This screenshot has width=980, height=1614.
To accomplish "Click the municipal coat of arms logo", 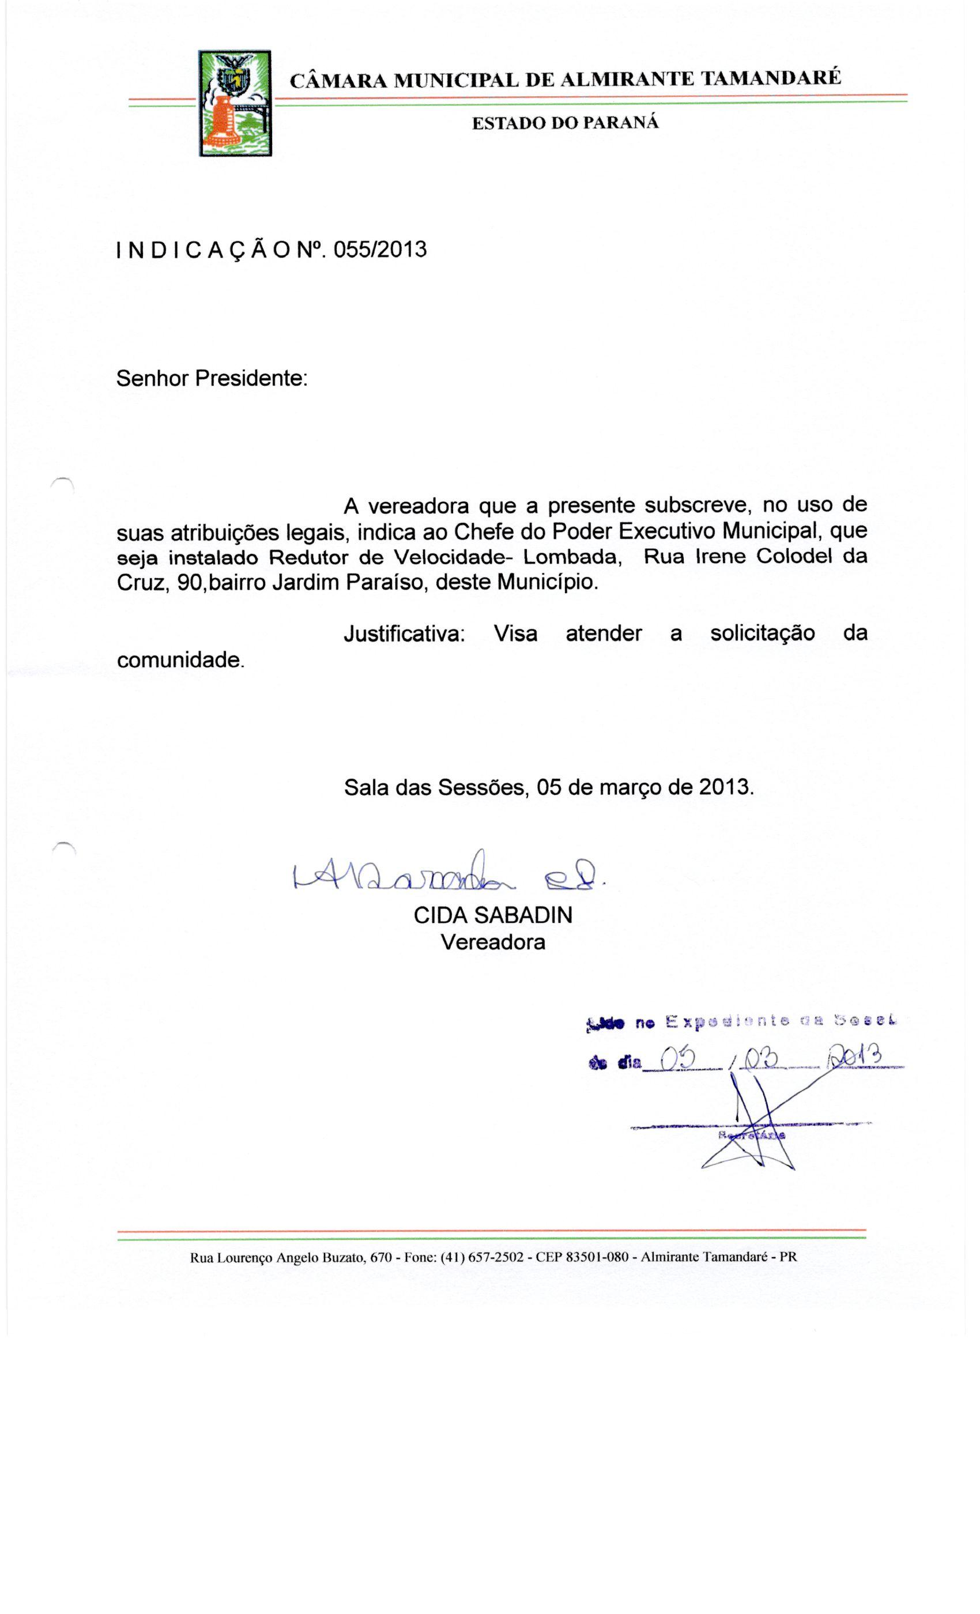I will [x=235, y=103].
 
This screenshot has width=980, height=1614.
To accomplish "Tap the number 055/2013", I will [x=380, y=250].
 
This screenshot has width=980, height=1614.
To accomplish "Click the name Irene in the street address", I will [x=722, y=556].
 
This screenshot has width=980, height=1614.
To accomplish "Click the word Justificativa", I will [x=404, y=633].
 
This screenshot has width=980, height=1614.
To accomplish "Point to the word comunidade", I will [x=180, y=659].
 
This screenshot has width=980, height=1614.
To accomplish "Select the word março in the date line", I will [x=630, y=787].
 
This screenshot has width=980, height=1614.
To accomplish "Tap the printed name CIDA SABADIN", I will [x=493, y=915].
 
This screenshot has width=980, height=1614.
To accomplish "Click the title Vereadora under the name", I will [x=493, y=942].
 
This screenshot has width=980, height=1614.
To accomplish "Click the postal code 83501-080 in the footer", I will [x=597, y=1257].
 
